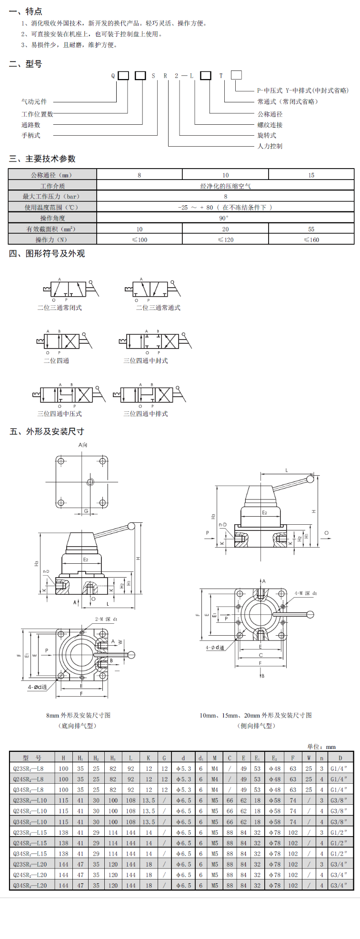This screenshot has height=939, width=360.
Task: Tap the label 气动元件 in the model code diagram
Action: [34, 101]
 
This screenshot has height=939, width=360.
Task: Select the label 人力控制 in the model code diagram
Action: [270, 146]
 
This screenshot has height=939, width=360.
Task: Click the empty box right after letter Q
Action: [123, 75]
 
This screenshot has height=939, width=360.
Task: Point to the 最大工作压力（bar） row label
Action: [52, 196]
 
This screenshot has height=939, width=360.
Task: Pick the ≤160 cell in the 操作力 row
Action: [311, 240]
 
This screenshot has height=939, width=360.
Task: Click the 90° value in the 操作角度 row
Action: [225, 218]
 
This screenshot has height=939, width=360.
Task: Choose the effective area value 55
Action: [311, 229]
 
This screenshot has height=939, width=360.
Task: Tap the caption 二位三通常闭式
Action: [60, 308]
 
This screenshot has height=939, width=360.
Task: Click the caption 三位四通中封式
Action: [146, 361]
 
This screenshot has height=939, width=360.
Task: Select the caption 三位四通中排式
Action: [146, 414]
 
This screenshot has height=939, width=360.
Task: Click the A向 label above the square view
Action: [83, 445]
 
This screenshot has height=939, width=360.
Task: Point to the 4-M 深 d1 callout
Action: [305, 593]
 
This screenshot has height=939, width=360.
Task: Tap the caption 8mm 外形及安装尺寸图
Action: [78, 715]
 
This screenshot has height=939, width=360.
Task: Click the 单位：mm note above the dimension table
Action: [321, 747]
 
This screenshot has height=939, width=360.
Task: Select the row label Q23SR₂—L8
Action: [28, 769]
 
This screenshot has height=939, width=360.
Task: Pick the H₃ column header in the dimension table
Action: [113, 758]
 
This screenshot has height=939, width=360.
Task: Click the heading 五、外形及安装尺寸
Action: [47, 431]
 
